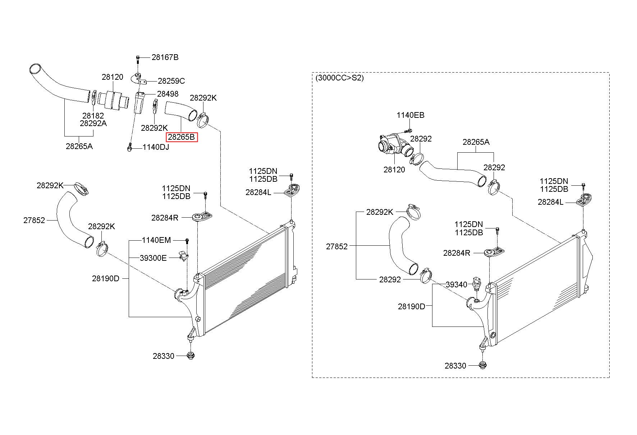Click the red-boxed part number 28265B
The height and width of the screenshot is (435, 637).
pyautogui.click(x=181, y=137)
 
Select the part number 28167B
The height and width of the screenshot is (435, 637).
pyautogui.click(x=165, y=57)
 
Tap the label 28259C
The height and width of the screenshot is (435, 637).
pyautogui.click(x=171, y=81)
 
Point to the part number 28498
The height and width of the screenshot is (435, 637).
pyautogui.click(x=168, y=94)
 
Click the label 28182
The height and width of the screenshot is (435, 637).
pyautogui.click(x=93, y=116)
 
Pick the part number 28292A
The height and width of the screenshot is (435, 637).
pyautogui.click(x=93, y=123)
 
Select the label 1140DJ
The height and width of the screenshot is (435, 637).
pyautogui.click(x=156, y=147)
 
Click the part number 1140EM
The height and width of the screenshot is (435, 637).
pyautogui.click(x=156, y=240)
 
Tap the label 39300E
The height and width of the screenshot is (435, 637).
pyautogui.click(x=153, y=258)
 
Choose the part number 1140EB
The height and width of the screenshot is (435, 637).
pyautogui.click(x=411, y=115)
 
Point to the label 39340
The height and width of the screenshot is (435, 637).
pyautogui.click(x=457, y=284)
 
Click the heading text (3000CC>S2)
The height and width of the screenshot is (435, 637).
pyautogui.click(x=339, y=78)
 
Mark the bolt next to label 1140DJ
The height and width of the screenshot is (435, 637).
pyautogui.click(x=129, y=147)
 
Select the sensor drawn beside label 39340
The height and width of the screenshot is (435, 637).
pyautogui.click(x=477, y=283)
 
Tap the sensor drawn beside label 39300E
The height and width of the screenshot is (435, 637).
pyautogui.click(x=183, y=255)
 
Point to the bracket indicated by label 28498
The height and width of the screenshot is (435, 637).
pyautogui.click(x=139, y=102)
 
